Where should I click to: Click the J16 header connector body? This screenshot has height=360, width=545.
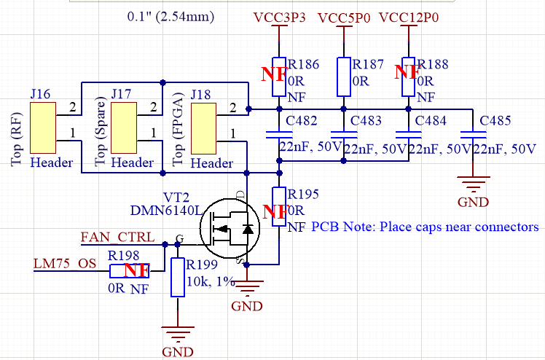point(43,129)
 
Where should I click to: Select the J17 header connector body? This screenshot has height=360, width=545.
point(123,129)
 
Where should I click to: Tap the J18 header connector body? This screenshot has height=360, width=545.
point(203,129)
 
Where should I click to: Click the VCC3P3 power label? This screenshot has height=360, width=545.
point(279,17)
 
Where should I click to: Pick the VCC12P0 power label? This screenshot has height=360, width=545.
point(409,17)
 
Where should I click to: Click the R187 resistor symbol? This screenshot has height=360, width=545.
point(342,77)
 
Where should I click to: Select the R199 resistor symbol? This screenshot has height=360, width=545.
point(177,277)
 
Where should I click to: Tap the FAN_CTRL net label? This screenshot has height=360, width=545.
point(117,237)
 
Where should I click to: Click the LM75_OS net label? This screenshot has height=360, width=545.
point(65,262)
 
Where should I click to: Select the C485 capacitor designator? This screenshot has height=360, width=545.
point(495,121)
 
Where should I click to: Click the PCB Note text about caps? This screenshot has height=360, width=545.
point(425,227)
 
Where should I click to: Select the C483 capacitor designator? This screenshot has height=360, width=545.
point(366,121)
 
